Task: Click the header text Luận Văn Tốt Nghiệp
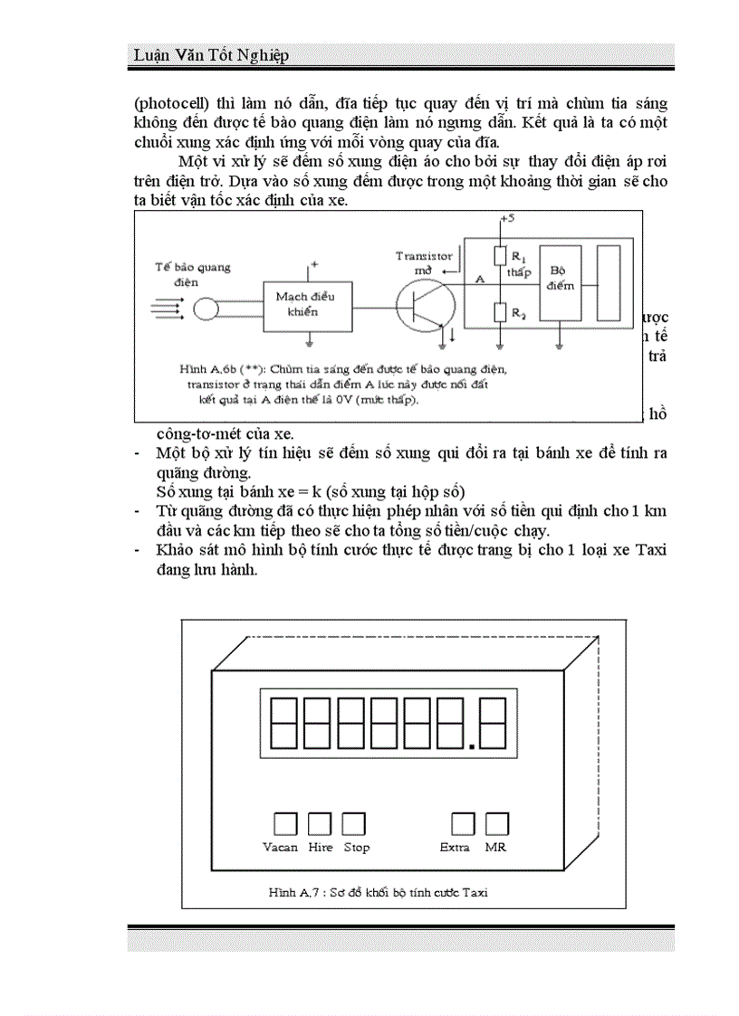pyautogui.click(x=210, y=56)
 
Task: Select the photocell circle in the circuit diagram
pyautogui.click(x=206, y=309)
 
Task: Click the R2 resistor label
pyautogui.click(x=517, y=313)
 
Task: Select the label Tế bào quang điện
pyautogui.click(x=193, y=273)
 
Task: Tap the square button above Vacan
pyautogui.click(x=285, y=822)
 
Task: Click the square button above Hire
pyautogui.click(x=320, y=822)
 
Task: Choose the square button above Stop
pyautogui.click(x=353, y=822)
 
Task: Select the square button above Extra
pyautogui.click(x=463, y=822)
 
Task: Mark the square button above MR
pyautogui.click(x=496, y=822)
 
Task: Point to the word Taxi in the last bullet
pyautogui.click(x=648, y=549)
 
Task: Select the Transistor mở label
pyautogui.click(x=424, y=262)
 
